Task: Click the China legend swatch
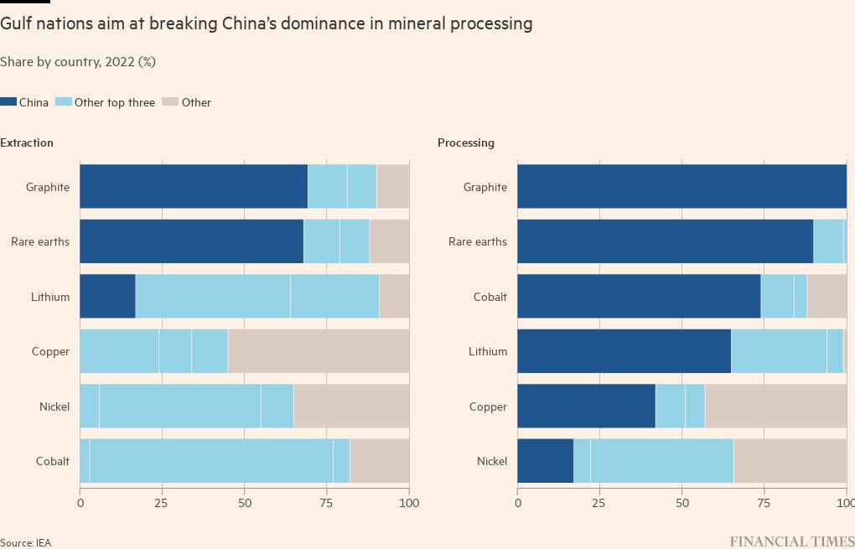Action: pos(8,102)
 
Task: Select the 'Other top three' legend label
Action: pos(115,102)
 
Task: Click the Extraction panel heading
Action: pos(27,142)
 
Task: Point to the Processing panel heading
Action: pos(466,142)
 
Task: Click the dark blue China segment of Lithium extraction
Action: pos(107,297)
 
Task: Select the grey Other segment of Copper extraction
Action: pos(319,351)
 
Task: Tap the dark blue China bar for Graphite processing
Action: pos(681,187)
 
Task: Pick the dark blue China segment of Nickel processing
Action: pos(545,461)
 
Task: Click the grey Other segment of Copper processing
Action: pos(775,407)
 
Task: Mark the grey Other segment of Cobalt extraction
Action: pos(379,461)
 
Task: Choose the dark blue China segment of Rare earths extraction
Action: pos(191,241)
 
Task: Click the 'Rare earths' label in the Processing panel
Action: pos(478,242)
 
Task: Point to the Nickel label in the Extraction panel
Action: pos(54,407)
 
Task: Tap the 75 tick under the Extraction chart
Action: pos(327,503)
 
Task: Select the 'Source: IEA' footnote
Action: pos(25,543)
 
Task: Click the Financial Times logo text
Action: pos(791,541)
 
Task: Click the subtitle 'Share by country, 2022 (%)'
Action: pos(78,62)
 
